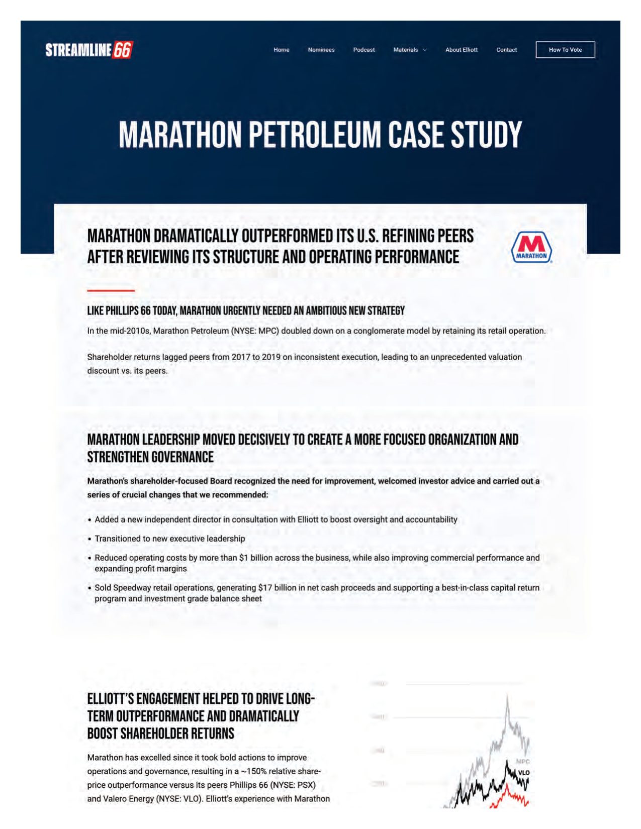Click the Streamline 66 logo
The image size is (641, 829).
(89, 50)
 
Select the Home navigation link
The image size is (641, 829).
(282, 50)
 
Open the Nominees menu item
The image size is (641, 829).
(321, 50)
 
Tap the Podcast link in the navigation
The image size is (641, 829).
(364, 50)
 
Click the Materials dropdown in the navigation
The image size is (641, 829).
(410, 50)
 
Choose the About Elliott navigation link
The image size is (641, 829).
(462, 50)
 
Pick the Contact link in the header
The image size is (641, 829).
(506, 50)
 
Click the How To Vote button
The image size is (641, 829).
(565, 50)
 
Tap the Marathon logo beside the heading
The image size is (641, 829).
(531, 247)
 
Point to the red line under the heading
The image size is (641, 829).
(111, 290)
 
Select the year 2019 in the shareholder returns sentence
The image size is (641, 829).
(271, 357)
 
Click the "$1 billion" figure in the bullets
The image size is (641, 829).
(256, 558)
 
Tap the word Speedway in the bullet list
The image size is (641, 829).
(132, 588)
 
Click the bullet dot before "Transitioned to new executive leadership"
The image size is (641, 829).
(89, 539)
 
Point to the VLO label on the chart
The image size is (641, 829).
(524, 772)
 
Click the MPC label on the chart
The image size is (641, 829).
(523, 762)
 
